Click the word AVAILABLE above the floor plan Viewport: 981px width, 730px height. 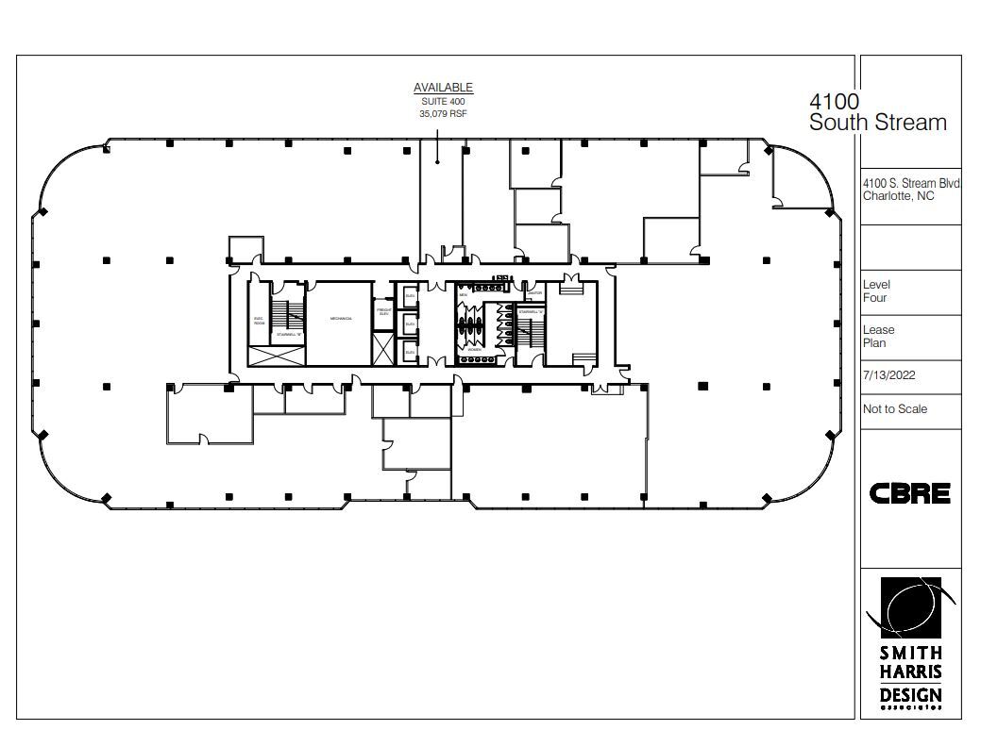(443, 88)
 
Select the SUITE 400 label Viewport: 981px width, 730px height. (443, 101)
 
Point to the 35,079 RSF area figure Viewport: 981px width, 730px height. (443, 113)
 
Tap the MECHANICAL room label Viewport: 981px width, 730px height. (341, 319)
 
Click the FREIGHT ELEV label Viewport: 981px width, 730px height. (384, 311)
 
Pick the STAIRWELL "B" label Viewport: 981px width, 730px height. (288, 334)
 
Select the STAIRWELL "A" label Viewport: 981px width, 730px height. (531, 311)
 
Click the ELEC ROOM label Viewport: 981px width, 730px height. (258, 320)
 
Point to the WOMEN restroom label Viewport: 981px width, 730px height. (474, 349)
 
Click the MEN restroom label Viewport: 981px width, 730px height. (464, 294)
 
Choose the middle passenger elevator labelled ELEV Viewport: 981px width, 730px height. (410, 324)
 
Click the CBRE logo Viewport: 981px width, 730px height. (909, 493)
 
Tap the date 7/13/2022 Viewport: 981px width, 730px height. (888, 374)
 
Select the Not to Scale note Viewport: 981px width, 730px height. (894, 408)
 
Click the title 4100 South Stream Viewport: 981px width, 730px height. (877, 112)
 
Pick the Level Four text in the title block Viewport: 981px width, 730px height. (876, 290)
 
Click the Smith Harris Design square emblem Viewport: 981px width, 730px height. (909, 606)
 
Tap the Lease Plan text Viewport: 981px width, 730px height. (878, 337)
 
